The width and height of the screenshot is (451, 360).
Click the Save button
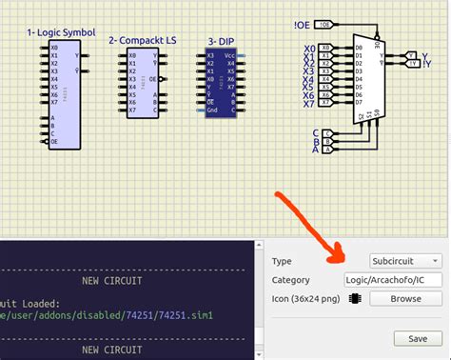[x=417, y=338]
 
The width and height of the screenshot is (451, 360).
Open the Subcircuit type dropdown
[x=406, y=260]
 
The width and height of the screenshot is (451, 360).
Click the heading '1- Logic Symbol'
[x=60, y=33]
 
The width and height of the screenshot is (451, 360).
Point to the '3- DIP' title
[x=223, y=42]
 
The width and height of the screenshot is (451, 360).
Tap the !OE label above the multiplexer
[x=301, y=23]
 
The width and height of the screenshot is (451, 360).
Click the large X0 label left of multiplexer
[x=308, y=48]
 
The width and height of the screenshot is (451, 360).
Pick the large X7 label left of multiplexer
[x=308, y=102]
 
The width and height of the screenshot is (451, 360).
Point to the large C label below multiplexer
[x=315, y=132]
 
